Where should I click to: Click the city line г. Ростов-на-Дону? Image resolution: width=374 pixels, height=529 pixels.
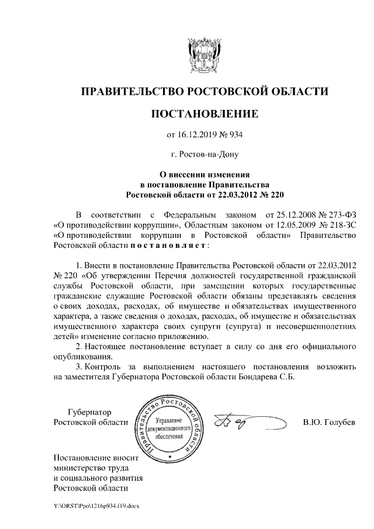(x=205, y=155)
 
